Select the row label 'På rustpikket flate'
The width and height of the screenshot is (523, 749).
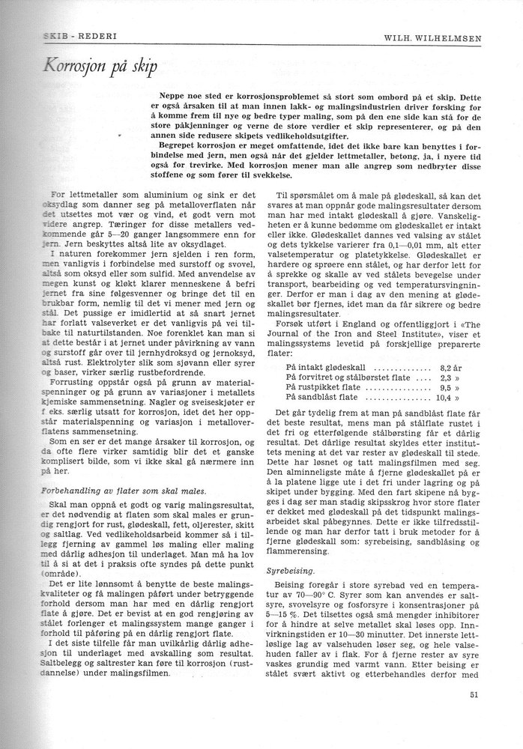(323, 389)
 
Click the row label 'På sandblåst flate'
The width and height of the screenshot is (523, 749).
(322, 398)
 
